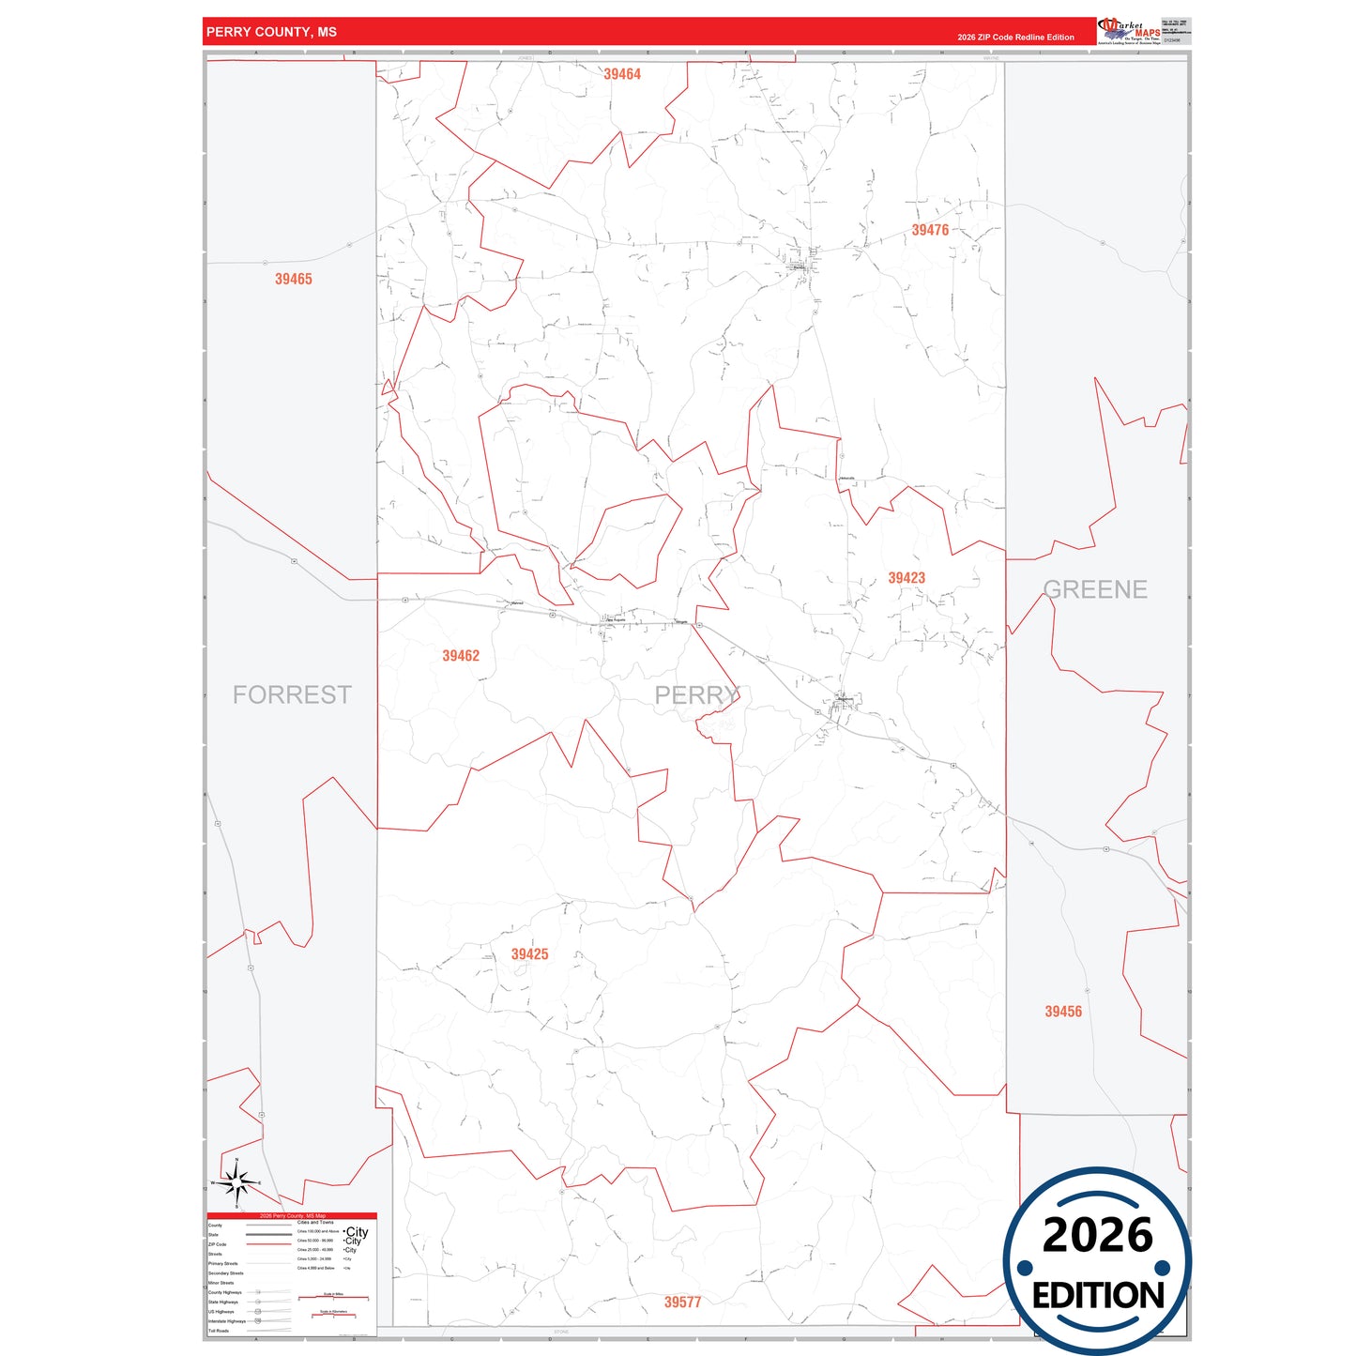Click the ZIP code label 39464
tap(622, 74)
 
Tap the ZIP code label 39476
tap(930, 230)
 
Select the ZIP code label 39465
tap(294, 279)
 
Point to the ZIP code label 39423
tap(907, 578)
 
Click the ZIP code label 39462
tap(461, 656)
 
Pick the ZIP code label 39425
tap(529, 954)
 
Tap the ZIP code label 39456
tap(1063, 1012)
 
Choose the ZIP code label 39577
tap(682, 1303)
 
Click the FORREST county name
tap(292, 694)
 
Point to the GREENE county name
tap(1095, 589)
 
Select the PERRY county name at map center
tap(696, 695)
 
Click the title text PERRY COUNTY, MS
tap(271, 32)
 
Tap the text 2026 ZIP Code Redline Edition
tap(1015, 38)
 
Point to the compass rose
tap(237, 1184)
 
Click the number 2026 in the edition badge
tap(1097, 1235)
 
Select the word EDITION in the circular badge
tap(1098, 1296)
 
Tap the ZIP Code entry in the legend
tap(218, 1244)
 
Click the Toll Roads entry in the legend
tap(219, 1331)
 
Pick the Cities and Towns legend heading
tap(315, 1223)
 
